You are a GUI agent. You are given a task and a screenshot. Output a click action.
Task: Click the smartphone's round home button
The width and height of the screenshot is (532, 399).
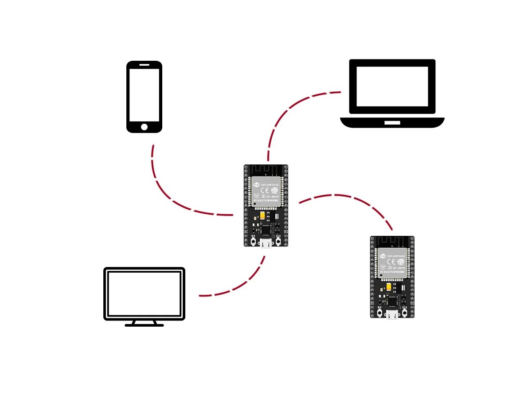pos(144,127)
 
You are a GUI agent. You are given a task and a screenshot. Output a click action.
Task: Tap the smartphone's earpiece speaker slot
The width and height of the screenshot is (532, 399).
pos(144,64)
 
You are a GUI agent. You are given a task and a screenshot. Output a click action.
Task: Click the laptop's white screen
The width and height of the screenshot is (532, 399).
pos(392,86)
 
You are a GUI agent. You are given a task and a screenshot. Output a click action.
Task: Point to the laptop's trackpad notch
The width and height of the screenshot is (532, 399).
pos(392,122)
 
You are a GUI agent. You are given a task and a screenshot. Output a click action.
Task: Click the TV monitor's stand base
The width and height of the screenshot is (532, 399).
pos(144,325)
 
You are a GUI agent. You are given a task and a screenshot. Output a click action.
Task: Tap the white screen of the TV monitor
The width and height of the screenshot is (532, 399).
pos(144,293)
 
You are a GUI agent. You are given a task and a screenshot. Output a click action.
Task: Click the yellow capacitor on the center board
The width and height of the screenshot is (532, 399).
pos(263,216)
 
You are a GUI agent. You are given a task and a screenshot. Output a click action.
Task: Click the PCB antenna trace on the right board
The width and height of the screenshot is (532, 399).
pos(392,242)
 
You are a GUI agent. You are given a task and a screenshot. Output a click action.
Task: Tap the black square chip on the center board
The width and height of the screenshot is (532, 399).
pos(266,229)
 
